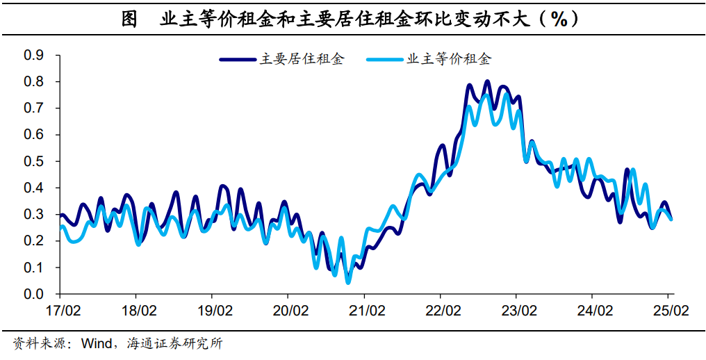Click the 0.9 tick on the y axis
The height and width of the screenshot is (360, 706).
click(x=33, y=56)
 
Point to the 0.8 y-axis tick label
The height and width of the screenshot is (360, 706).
click(x=33, y=82)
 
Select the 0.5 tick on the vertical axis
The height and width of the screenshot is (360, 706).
click(x=33, y=161)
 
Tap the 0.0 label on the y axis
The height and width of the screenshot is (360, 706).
click(x=33, y=294)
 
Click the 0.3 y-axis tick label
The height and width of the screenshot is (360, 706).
click(x=33, y=215)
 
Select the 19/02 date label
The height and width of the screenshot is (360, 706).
click(x=213, y=309)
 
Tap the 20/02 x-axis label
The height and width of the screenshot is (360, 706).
click(x=290, y=309)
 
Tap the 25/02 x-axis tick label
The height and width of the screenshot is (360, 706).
click(x=670, y=309)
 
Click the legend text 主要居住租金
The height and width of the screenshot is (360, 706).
click(x=302, y=60)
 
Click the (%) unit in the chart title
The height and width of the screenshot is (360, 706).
click(x=560, y=19)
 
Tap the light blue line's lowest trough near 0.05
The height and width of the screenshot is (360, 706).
click(x=348, y=281)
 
